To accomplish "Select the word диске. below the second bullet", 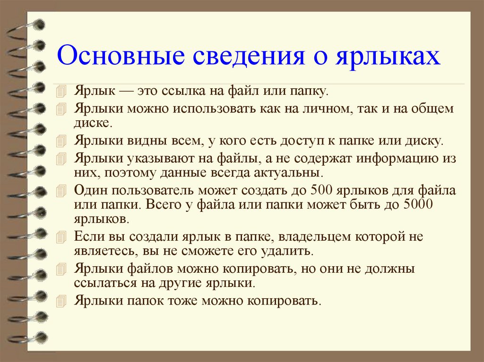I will (x=93, y=124).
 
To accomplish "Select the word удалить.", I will (x=287, y=250).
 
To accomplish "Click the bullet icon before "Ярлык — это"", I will (x=60, y=91).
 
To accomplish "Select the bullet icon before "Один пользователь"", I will (x=60, y=191).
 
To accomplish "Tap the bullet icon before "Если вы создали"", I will (x=60, y=236).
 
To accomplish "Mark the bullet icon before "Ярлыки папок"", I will (x=60, y=301).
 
